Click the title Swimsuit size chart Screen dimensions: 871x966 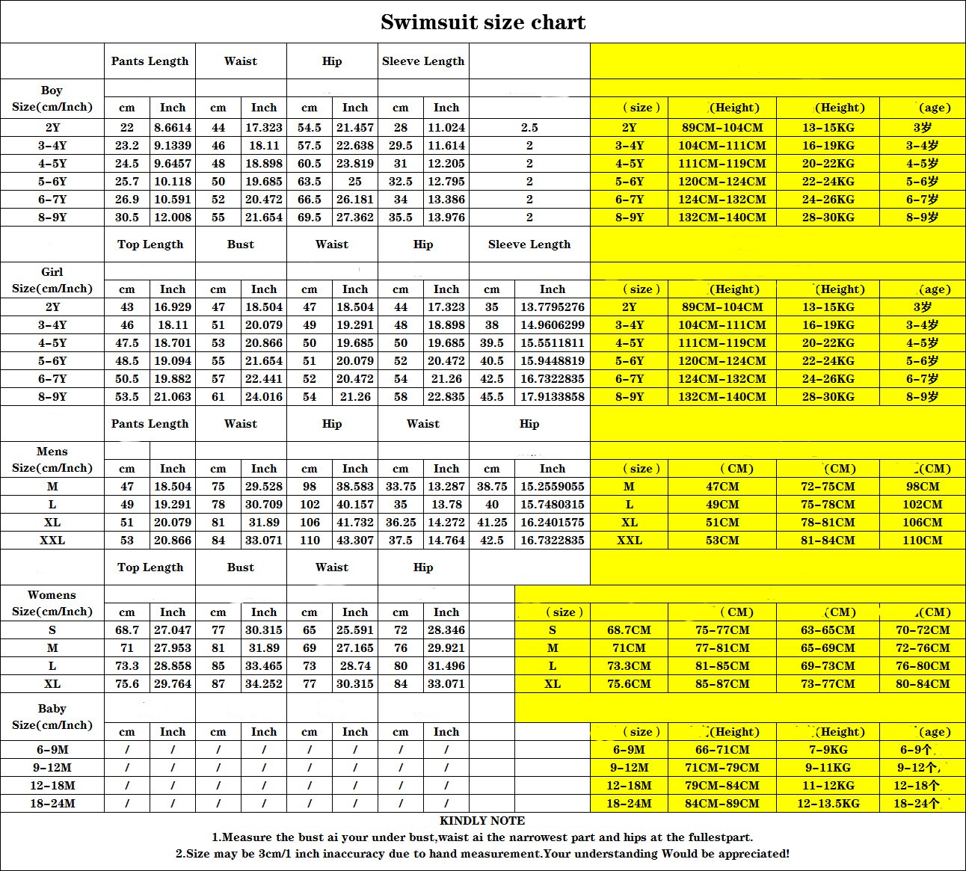(x=483, y=22)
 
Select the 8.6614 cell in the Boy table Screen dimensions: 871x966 (x=173, y=128)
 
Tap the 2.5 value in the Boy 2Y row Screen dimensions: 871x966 (x=529, y=128)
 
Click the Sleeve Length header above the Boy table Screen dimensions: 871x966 (x=423, y=61)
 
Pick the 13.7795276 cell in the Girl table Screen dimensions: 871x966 (x=553, y=307)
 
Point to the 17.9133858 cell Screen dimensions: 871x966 (x=553, y=397)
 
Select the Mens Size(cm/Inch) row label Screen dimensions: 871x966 (x=52, y=460)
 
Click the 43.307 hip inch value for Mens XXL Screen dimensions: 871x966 (x=355, y=541)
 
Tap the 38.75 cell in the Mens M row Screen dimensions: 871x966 (x=492, y=487)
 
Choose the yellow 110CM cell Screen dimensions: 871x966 (x=923, y=541)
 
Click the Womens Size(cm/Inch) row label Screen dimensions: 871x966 (x=52, y=603)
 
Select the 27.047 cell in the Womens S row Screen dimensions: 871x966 (x=173, y=630)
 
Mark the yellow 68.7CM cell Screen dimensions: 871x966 (x=629, y=630)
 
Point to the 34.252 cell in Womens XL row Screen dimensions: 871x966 (x=264, y=684)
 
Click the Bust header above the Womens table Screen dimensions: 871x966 (x=241, y=567)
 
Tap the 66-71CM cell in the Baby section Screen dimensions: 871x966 (x=722, y=750)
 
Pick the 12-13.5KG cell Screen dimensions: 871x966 (x=828, y=804)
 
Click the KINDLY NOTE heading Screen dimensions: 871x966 (x=482, y=821)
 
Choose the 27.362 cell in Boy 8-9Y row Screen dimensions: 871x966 (x=355, y=218)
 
